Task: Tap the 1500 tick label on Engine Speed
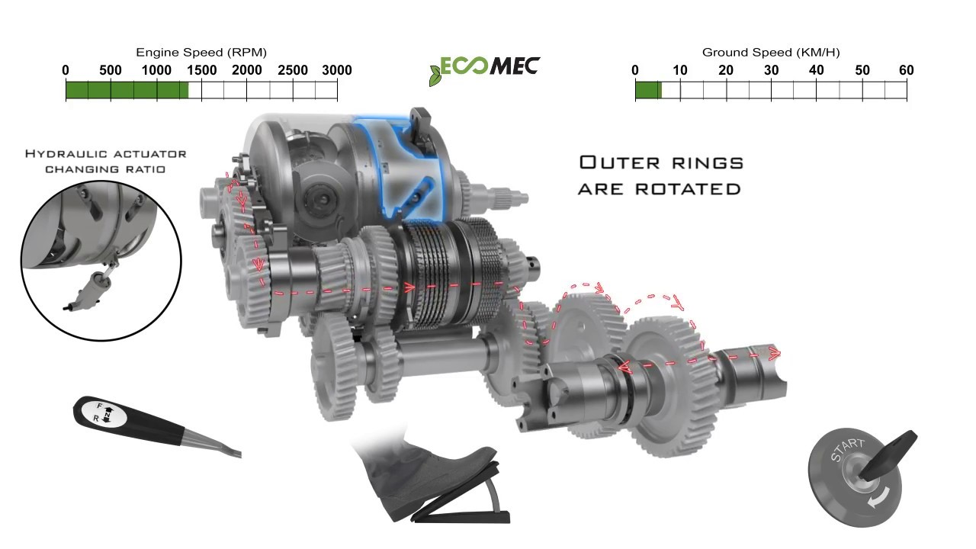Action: tap(202, 70)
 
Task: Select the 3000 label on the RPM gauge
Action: tap(337, 70)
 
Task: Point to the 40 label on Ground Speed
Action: tap(816, 70)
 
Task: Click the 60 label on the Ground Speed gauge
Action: tap(907, 70)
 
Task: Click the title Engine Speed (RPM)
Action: tap(201, 53)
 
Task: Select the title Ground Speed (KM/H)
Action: tap(771, 53)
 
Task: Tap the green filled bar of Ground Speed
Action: tap(648, 91)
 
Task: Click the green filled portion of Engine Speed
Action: tap(127, 91)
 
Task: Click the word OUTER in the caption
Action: tap(620, 162)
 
